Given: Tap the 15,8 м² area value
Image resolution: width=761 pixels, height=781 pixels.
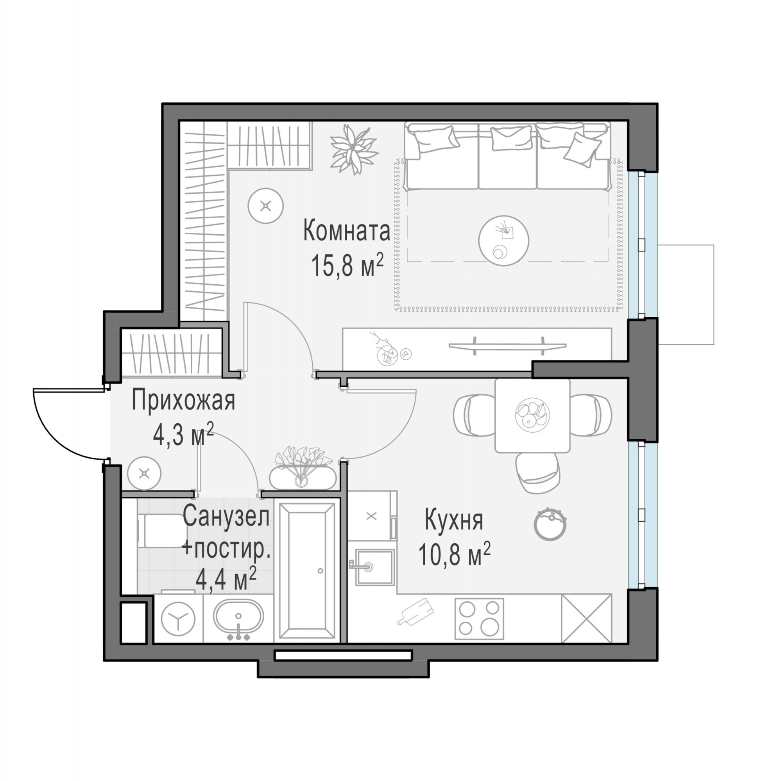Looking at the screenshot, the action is click(347, 265).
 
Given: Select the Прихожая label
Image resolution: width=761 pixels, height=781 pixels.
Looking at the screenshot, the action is click(183, 401).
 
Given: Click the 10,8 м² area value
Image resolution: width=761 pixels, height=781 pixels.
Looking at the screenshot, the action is click(455, 554).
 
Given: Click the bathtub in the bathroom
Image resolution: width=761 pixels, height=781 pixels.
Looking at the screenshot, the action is click(307, 572).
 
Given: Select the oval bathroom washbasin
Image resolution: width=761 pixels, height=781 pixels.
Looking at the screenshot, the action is click(238, 618).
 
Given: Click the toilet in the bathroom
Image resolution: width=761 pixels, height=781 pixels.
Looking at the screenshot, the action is click(162, 530).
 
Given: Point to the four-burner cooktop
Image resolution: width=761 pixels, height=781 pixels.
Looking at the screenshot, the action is click(479, 619).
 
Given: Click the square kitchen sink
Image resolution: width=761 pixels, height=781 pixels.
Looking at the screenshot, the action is click(374, 567).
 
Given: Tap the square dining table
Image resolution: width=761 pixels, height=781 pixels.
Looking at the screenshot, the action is click(532, 415).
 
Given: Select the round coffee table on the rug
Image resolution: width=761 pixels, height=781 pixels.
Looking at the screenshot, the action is click(503, 241).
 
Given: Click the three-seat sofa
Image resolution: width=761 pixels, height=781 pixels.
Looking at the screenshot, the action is click(508, 156).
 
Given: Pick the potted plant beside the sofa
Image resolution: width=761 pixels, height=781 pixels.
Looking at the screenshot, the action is click(354, 149).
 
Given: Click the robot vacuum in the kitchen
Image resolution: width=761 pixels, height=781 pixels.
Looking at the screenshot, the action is click(550, 524).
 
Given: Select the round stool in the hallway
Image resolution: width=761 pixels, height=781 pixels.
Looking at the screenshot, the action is click(144, 473).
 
